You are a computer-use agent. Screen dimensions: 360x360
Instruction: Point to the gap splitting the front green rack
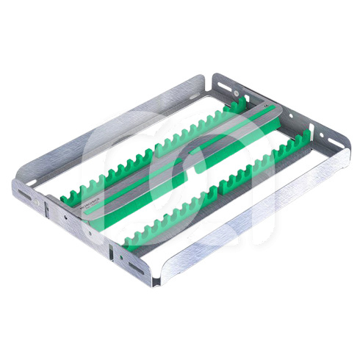(214, 190)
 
